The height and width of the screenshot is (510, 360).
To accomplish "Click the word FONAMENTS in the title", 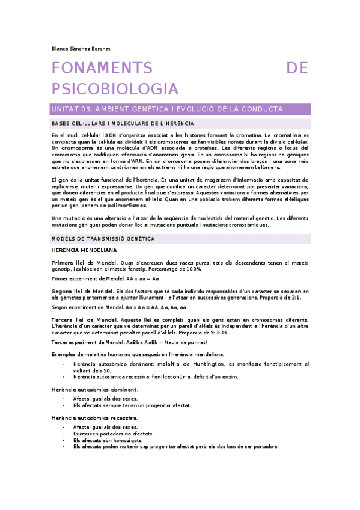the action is [102, 68].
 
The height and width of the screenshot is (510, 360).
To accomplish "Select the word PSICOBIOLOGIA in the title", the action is [115, 89].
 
